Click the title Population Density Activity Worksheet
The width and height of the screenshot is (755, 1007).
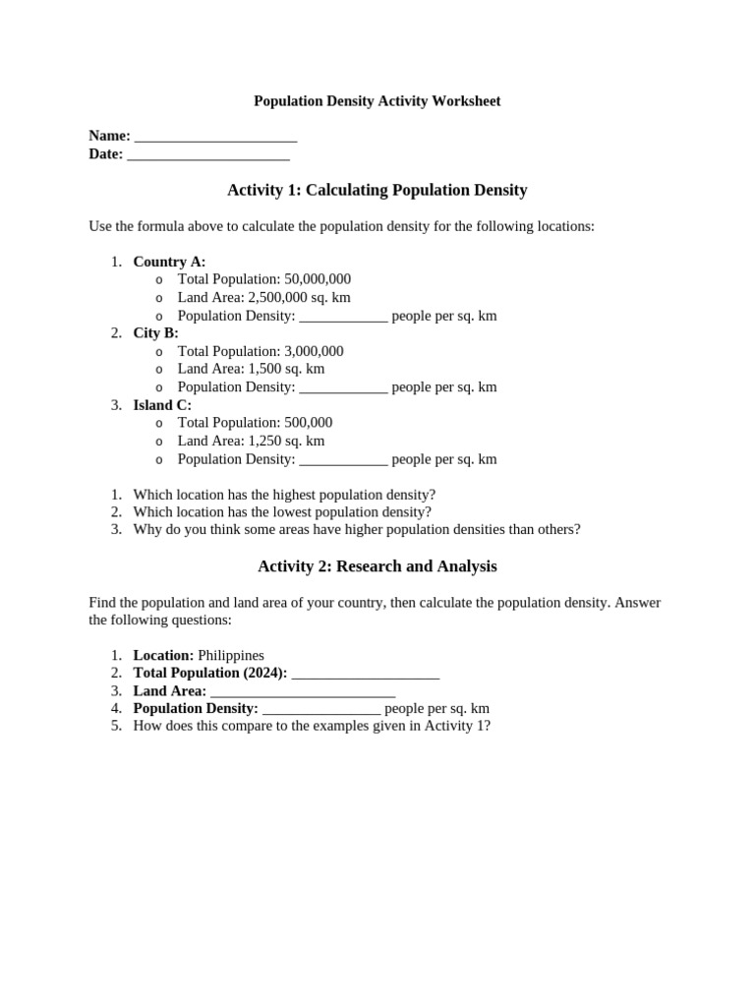tap(377, 101)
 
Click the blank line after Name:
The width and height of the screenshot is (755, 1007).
tap(215, 137)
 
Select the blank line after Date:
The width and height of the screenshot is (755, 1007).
tap(208, 154)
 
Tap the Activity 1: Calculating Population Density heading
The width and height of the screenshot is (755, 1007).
tap(377, 190)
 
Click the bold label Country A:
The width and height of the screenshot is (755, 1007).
tap(169, 262)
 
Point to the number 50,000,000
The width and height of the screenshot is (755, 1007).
tap(318, 279)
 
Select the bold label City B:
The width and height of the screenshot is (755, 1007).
tap(155, 333)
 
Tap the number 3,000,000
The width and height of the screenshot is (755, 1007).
tap(314, 351)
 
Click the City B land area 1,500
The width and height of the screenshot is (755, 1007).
tap(265, 369)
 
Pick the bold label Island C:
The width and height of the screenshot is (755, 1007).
tap(162, 405)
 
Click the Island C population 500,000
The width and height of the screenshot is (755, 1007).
tap(309, 423)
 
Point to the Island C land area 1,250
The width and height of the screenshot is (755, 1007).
tap(265, 441)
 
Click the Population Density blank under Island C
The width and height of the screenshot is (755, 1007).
tap(343, 459)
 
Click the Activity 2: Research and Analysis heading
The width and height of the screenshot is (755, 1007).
tap(377, 566)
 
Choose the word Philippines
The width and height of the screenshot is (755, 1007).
tap(231, 655)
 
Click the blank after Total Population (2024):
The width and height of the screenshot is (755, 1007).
tap(366, 674)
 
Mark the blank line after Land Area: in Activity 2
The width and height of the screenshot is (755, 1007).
tap(303, 691)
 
